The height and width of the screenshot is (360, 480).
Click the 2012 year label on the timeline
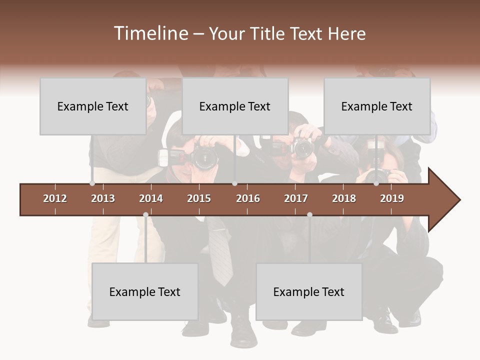(55, 198)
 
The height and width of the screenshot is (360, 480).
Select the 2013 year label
(103, 198)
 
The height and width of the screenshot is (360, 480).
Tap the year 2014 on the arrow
(151, 198)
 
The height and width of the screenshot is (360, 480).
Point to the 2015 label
(199, 198)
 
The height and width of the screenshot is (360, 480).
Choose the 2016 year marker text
(248, 198)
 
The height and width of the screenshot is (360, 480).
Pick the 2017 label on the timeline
(296, 198)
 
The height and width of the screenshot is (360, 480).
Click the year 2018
(344, 198)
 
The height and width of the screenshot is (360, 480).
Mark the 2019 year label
(392, 198)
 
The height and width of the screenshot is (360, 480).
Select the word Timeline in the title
(150, 33)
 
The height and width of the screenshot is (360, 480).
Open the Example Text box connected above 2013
(93, 106)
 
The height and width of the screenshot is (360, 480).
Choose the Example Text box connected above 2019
(377, 106)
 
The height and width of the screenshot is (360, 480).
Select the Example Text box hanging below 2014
(145, 291)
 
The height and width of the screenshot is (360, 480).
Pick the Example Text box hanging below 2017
(309, 291)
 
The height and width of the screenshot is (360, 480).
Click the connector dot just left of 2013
(92, 183)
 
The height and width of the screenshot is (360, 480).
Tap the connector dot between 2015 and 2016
(234, 183)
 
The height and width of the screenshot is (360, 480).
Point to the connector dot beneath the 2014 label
(145, 215)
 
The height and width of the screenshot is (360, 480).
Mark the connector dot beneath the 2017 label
(309, 215)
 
